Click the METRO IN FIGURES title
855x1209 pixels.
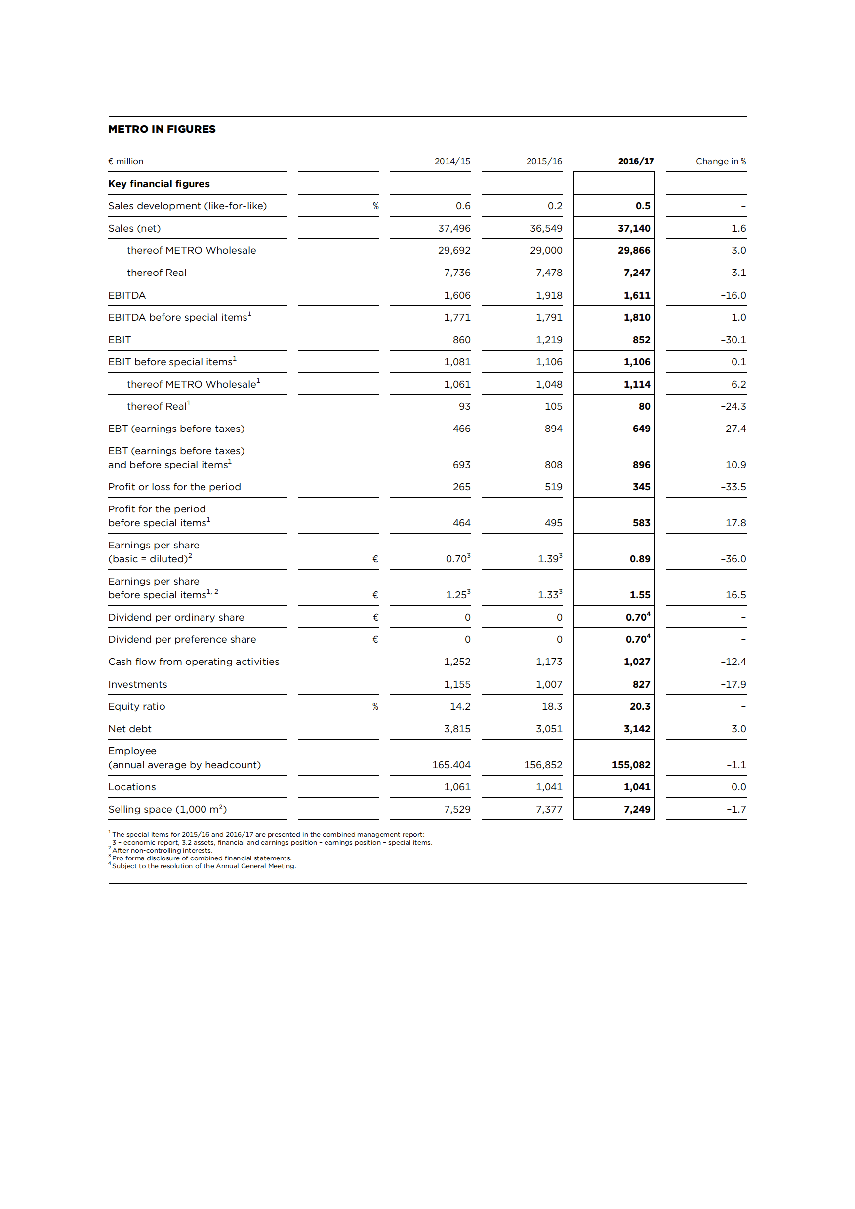pos(162,129)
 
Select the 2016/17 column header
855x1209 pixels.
pos(635,161)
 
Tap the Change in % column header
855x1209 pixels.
pos(720,161)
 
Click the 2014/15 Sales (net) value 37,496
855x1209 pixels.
pos(453,228)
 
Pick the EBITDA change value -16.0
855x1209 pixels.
pos(733,295)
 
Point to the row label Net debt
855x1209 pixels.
pos(129,729)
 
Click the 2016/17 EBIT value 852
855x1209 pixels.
pos(641,340)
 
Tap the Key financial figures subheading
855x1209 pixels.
pos(159,184)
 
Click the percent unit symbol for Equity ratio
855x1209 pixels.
pos(375,706)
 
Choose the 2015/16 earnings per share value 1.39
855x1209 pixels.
pos(548,559)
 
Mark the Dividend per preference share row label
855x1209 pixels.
pos(182,639)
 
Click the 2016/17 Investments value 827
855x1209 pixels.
pos(641,684)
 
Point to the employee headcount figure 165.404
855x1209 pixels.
pos(451,765)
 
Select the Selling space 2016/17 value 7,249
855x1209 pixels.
pos(636,809)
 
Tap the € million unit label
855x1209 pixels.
pos(125,161)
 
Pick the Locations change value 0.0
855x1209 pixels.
pos(738,787)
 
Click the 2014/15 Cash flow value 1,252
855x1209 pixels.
pos(457,662)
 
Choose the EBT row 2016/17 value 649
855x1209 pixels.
pos(641,429)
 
